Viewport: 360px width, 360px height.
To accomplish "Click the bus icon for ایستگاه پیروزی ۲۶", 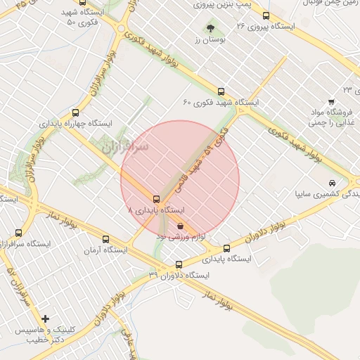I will point(265,15).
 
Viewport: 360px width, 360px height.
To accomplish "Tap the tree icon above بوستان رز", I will point(210,28).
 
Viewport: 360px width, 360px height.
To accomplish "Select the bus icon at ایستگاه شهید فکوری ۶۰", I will point(221,91).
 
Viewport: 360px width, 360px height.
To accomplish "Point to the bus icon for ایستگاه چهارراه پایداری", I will point(76,112).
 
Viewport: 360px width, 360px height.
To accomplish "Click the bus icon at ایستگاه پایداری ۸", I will point(156,199).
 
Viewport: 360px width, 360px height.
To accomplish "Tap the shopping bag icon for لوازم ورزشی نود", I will point(181,226).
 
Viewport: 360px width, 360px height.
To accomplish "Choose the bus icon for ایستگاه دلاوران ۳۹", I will point(179,265).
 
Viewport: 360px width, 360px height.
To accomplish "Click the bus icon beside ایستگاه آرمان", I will point(106,239).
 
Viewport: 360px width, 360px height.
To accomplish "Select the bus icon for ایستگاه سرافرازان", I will point(18,233).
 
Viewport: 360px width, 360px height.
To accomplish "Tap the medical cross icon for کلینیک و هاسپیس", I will point(46,319).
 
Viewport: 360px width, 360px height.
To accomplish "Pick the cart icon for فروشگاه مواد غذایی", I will point(331,102).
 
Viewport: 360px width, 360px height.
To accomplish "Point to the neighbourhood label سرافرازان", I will point(126,148).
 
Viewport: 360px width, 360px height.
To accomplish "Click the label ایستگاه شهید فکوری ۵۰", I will point(89,18).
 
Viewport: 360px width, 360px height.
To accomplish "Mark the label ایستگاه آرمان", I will point(105,250).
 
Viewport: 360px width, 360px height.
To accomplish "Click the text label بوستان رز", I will point(208,39).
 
